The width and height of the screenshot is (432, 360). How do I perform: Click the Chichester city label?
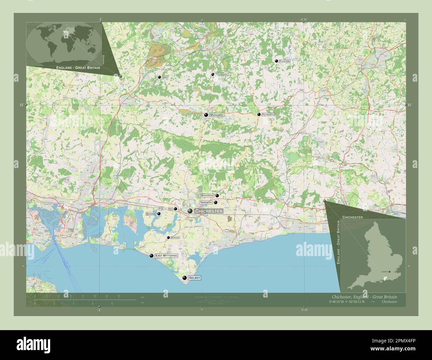point(209,211)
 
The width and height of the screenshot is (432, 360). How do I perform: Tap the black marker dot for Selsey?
point(185,278)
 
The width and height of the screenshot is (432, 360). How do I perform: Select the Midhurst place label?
point(217,115)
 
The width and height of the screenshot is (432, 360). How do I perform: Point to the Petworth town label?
point(268,114)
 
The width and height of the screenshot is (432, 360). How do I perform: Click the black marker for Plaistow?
point(276,61)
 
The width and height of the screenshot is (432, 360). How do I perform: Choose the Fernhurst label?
point(222,75)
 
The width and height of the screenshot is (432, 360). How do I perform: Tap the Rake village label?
point(165,77)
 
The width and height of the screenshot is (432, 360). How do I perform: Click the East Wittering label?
point(166,256)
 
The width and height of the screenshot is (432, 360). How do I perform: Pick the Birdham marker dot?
point(168,237)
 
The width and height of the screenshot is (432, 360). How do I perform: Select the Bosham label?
point(151,214)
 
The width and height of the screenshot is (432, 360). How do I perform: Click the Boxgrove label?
point(207,196)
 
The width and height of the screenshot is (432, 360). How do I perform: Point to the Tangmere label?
point(206,202)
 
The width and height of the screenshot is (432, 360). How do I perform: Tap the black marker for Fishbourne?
point(175,209)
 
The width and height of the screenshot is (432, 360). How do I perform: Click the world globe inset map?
point(64,43)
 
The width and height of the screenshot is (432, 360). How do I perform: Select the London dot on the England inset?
point(389,272)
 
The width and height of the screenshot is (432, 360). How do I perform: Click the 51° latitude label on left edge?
point(21,105)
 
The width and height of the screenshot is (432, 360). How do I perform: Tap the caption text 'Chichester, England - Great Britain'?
point(364,297)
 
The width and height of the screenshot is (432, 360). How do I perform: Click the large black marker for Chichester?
point(190,211)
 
